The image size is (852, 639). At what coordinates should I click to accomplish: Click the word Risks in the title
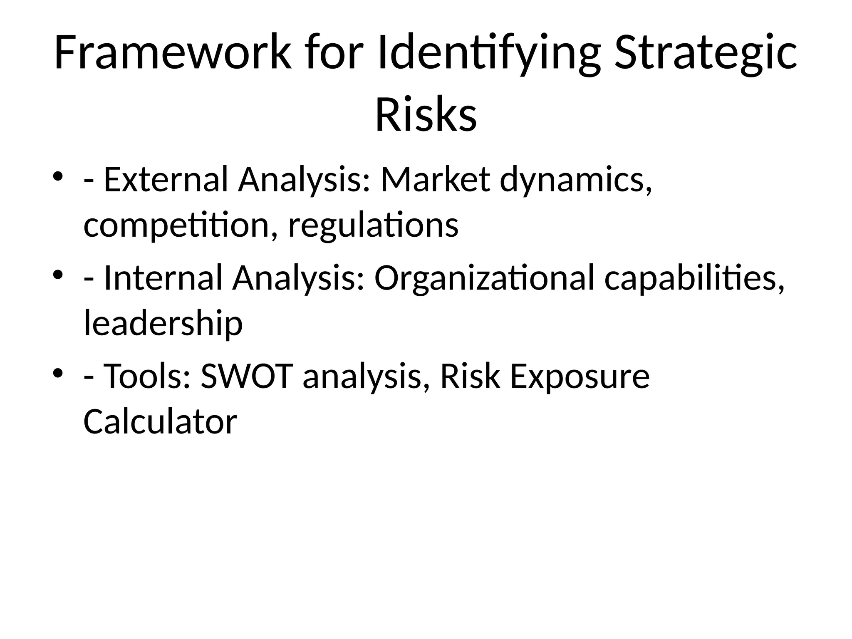point(426,115)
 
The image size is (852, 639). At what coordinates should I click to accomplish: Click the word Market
point(435,180)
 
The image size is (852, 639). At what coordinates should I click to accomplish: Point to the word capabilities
point(694,278)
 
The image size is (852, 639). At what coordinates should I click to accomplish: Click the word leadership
point(163,324)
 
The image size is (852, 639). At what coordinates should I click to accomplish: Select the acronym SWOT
point(247,376)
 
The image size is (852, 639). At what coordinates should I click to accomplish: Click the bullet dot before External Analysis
point(57,176)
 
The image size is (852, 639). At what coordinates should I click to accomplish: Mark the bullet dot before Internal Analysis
point(57,274)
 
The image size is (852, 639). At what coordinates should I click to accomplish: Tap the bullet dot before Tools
point(57,372)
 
